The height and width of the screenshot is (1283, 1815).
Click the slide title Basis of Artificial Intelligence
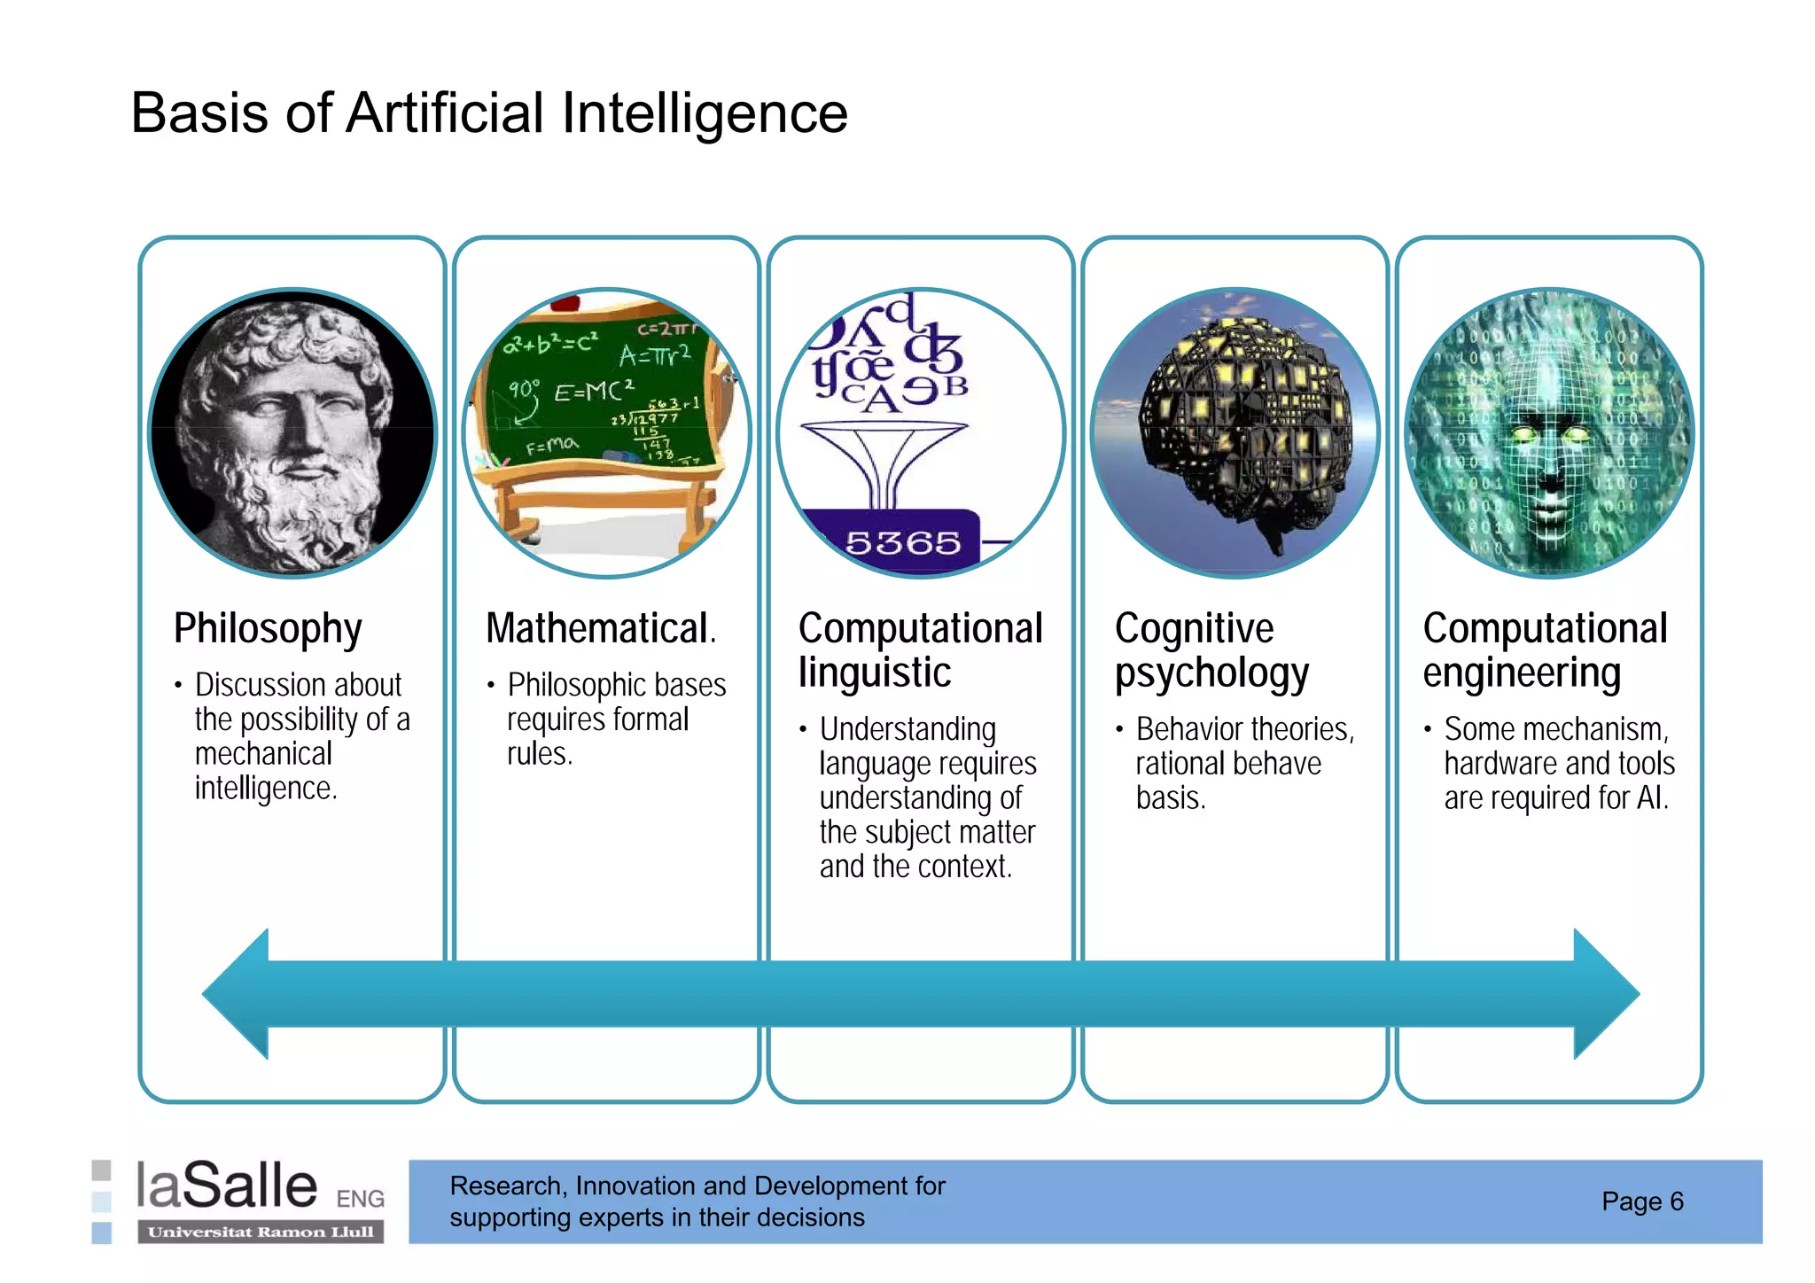(489, 113)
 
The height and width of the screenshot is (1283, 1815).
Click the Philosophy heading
(268, 629)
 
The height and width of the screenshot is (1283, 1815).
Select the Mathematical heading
(600, 629)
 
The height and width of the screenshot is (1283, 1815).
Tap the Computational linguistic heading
(919, 650)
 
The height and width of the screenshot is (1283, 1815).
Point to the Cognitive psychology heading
(1211, 650)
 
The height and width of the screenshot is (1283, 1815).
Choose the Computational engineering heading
(1545, 650)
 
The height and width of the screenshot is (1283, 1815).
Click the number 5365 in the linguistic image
(902, 542)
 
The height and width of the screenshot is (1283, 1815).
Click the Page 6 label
(1641, 1201)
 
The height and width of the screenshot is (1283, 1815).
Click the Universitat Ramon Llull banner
(261, 1232)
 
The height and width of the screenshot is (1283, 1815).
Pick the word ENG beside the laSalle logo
(360, 1199)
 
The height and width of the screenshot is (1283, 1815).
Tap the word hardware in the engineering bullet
(1492, 764)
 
